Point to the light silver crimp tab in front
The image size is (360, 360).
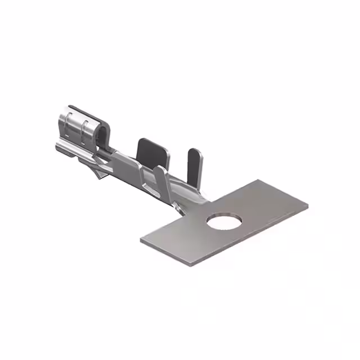pyautogui.click(x=161, y=180)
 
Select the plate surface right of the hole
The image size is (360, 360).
pyautogui.click(x=264, y=211)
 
